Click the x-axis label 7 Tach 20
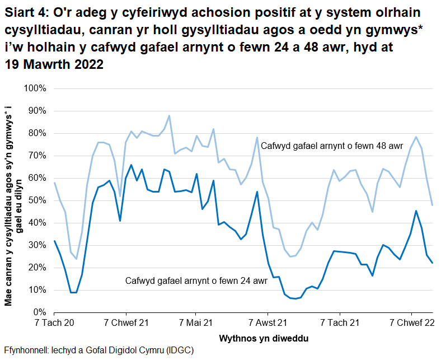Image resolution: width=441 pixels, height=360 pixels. click(x=54, y=323)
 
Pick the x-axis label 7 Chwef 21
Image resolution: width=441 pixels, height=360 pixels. click(x=126, y=323)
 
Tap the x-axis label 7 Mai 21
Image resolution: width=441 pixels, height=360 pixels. click(x=196, y=323)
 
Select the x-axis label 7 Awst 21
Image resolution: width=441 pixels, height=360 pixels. click(x=268, y=323)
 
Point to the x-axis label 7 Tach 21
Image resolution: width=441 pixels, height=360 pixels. click(x=340, y=323)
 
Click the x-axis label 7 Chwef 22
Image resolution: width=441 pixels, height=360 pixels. click(x=411, y=323)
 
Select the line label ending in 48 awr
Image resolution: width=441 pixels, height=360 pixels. click(x=331, y=146)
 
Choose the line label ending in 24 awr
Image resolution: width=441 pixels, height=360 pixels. click(x=196, y=280)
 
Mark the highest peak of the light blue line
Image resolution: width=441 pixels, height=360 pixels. click(x=169, y=116)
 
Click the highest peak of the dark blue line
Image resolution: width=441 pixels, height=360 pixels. click(x=131, y=165)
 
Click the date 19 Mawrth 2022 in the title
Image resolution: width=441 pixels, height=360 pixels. click(x=54, y=64)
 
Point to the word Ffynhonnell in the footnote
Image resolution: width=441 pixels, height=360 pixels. click(x=26, y=350)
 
